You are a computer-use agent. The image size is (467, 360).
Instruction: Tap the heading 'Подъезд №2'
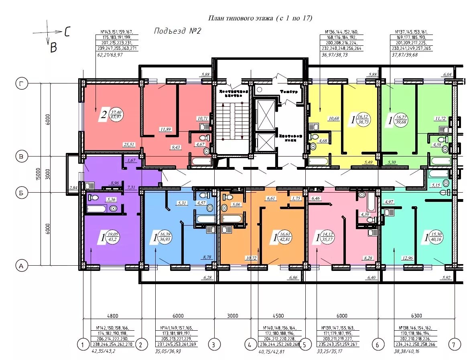click(x=177, y=31)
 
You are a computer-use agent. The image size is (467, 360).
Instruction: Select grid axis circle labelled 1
click(x=83, y=344)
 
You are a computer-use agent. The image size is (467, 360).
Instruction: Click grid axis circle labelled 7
click(x=454, y=344)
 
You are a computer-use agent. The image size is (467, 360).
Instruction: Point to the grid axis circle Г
click(x=21, y=83)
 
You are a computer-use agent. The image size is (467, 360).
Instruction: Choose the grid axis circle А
click(x=21, y=265)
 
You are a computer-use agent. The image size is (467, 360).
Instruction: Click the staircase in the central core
click(x=233, y=120)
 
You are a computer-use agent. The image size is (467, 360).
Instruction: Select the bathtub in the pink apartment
click(x=371, y=201)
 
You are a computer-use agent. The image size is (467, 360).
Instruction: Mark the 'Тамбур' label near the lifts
click(x=289, y=92)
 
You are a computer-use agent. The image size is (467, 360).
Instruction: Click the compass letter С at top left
click(x=67, y=32)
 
